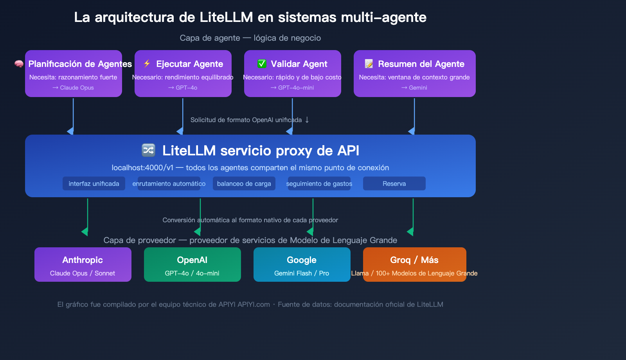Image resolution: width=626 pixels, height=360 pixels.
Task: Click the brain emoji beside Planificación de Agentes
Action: [x=19, y=64]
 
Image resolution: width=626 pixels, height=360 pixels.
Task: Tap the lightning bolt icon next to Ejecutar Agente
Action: [x=147, y=63]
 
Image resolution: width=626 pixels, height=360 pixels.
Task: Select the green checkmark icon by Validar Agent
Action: [x=262, y=63]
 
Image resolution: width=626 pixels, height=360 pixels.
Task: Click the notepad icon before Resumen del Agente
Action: [x=369, y=63]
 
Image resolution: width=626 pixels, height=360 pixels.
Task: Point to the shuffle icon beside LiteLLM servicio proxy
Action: [x=148, y=150]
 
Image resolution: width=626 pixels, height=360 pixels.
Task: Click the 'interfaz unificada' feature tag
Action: [x=94, y=184]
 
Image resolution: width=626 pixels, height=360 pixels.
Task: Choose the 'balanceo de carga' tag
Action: [x=244, y=184]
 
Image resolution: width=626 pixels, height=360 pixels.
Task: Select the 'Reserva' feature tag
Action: [x=394, y=184]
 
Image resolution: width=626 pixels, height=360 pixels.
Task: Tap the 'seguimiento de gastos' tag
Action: [x=319, y=184]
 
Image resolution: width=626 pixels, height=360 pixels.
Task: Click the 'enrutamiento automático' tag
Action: [x=169, y=184]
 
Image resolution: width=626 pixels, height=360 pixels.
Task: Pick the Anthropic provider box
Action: [x=83, y=265]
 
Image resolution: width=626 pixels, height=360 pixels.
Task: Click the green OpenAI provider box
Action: [x=192, y=265]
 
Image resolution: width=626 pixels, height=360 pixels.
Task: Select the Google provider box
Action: [x=302, y=265]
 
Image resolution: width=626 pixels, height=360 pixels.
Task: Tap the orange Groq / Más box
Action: [x=414, y=265]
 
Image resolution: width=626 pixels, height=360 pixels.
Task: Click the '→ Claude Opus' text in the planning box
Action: [x=74, y=88]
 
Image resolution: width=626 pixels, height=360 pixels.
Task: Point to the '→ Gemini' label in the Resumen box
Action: [x=414, y=88]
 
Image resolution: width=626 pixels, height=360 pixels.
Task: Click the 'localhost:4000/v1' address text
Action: [x=142, y=168]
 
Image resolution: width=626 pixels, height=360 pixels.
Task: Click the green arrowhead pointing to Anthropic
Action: [x=85, y=232]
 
